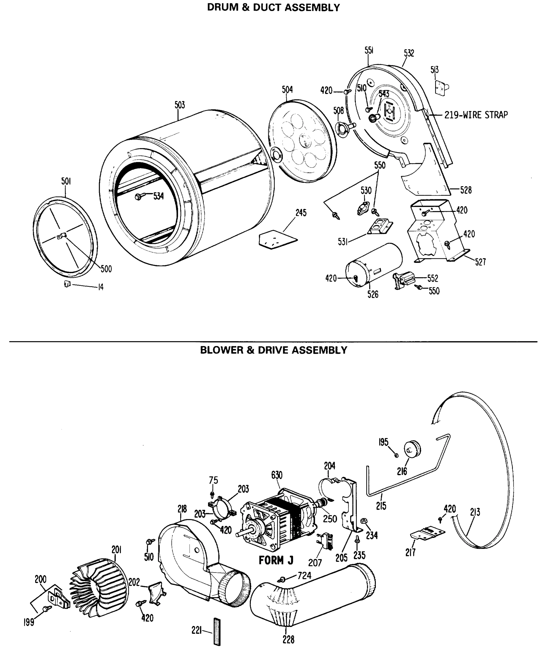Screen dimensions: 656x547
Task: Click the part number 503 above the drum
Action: (180, 105)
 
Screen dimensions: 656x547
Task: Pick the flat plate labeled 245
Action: (278, 239)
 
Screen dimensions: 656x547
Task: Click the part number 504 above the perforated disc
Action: (287, 90)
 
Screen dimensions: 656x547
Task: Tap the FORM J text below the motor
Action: (276, 560)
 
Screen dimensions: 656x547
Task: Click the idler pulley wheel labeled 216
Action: (413, 449)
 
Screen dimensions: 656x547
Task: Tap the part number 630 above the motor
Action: (277, 475)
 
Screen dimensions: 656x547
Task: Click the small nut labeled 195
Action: (397, 456)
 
